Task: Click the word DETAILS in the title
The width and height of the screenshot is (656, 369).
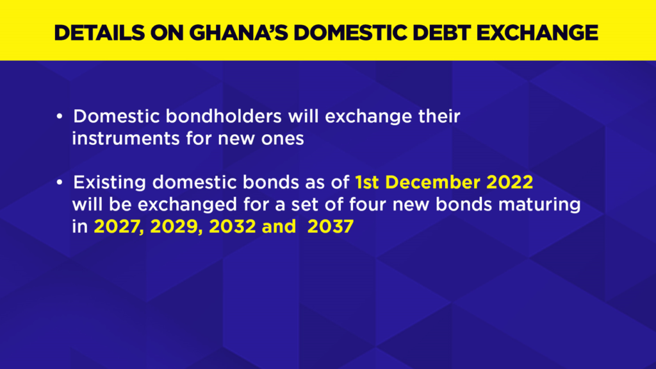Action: (99, 33)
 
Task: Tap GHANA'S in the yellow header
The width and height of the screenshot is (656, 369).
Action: (239, 33)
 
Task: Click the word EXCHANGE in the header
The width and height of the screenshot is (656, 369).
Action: (537, 33)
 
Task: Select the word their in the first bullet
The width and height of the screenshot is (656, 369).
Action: (439, 116)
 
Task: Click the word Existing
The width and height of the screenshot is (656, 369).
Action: (110, 183)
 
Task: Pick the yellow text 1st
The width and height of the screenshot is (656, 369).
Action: (367, 182)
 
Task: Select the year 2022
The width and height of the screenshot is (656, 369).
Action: (510, 182)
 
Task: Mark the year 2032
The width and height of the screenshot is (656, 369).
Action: (232, 227)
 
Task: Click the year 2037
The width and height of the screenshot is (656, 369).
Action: (331, 227)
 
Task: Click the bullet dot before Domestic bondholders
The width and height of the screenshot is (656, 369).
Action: (60, 116)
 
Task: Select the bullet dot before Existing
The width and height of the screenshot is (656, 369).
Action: (60, 182)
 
